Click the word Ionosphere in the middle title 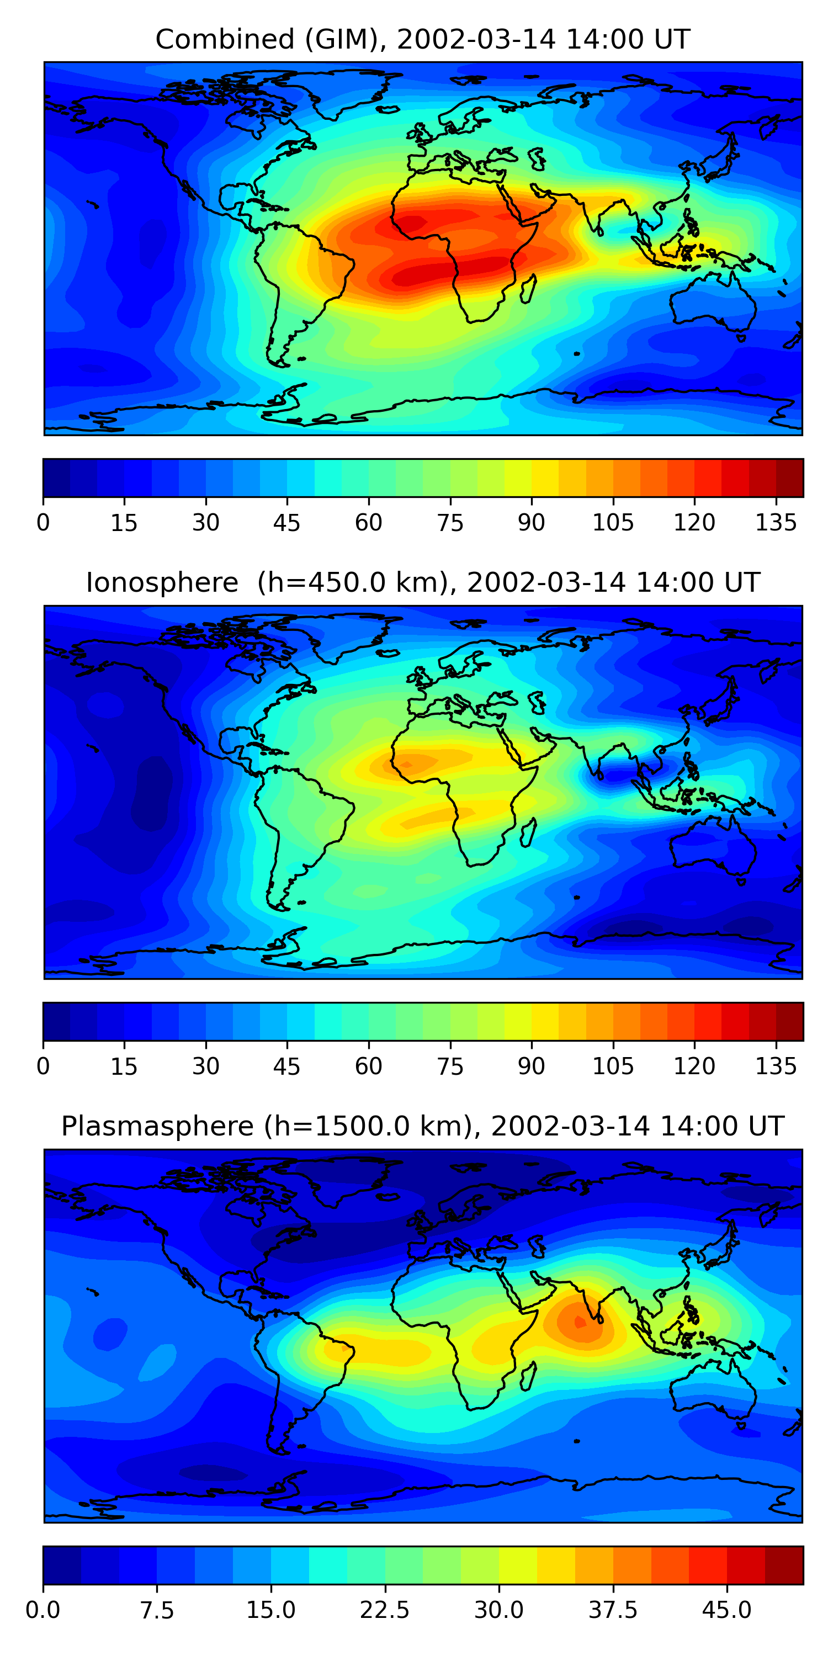162,582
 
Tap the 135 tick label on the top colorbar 776,523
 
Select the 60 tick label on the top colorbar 368,523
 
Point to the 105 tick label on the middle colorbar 613,1066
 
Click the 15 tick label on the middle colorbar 124,1066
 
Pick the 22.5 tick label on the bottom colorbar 384,1610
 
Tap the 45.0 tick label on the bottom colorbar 726,1610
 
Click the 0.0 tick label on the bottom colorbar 43,1610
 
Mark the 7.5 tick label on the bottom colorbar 157,1610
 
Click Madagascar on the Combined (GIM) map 528,288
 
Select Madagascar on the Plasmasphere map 528,1375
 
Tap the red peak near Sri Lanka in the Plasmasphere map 579,1321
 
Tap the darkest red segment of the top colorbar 789,477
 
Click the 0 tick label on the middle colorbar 43,1066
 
